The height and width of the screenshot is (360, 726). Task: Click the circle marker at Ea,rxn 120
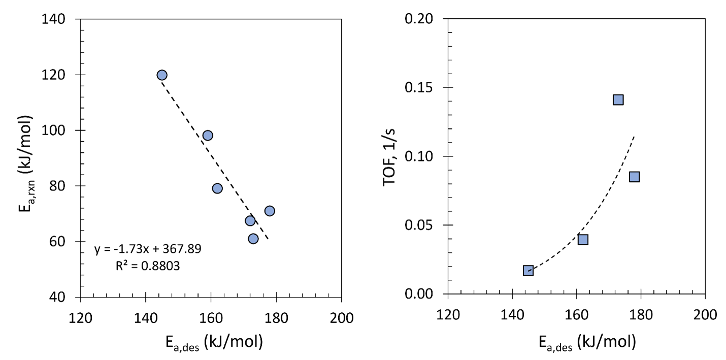(162, 75)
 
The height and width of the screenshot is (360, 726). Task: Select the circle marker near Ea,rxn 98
(208, 136)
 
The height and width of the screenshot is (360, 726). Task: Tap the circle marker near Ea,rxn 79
(217, 188)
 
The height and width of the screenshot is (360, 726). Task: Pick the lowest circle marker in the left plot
(253, 239)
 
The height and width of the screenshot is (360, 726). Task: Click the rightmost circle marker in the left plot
(270, 211)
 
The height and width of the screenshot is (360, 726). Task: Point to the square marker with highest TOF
(618, 100)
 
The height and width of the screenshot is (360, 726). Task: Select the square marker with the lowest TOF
(528, 271)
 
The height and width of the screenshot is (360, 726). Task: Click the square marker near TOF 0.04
(583, 239)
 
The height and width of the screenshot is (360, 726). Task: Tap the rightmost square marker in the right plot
(634, 177)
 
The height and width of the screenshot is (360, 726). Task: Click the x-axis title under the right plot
(587, 343)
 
